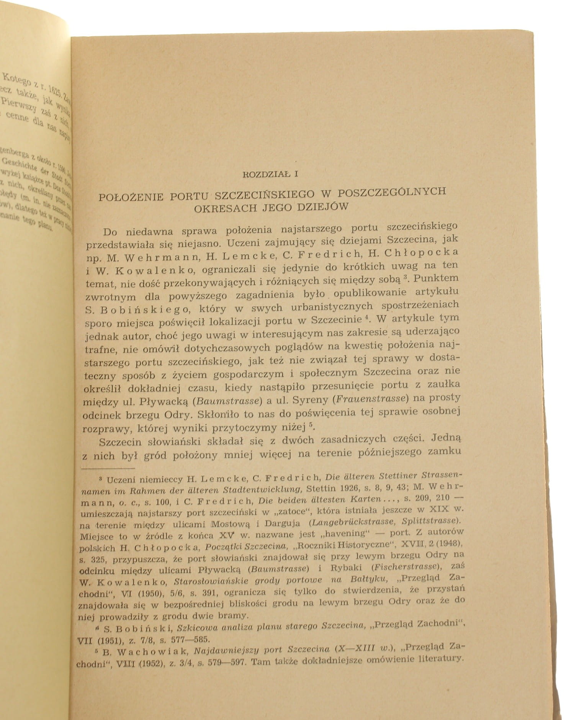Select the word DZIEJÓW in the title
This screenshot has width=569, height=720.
[x=323, y=206]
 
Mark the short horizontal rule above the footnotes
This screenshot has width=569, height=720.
[x=108, y=468]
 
